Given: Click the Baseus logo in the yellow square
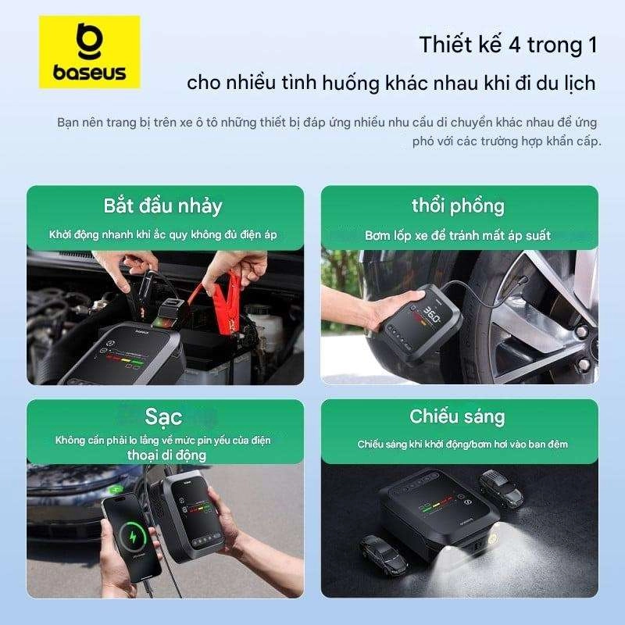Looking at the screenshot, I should pos(89,52).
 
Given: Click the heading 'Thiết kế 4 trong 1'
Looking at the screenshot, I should pos(508,45).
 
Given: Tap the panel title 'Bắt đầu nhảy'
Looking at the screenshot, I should pos(163,205).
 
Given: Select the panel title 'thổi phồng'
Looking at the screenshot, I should pos(458,205).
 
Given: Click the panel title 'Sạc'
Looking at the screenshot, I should pos(163,419).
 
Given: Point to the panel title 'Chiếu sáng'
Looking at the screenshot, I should pos(458,416).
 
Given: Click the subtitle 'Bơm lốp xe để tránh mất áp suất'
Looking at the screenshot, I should pos(458,235).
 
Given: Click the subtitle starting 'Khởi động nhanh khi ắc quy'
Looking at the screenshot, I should pos(163,234).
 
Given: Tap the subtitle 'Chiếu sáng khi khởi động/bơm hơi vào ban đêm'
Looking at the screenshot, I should pos(462,444).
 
